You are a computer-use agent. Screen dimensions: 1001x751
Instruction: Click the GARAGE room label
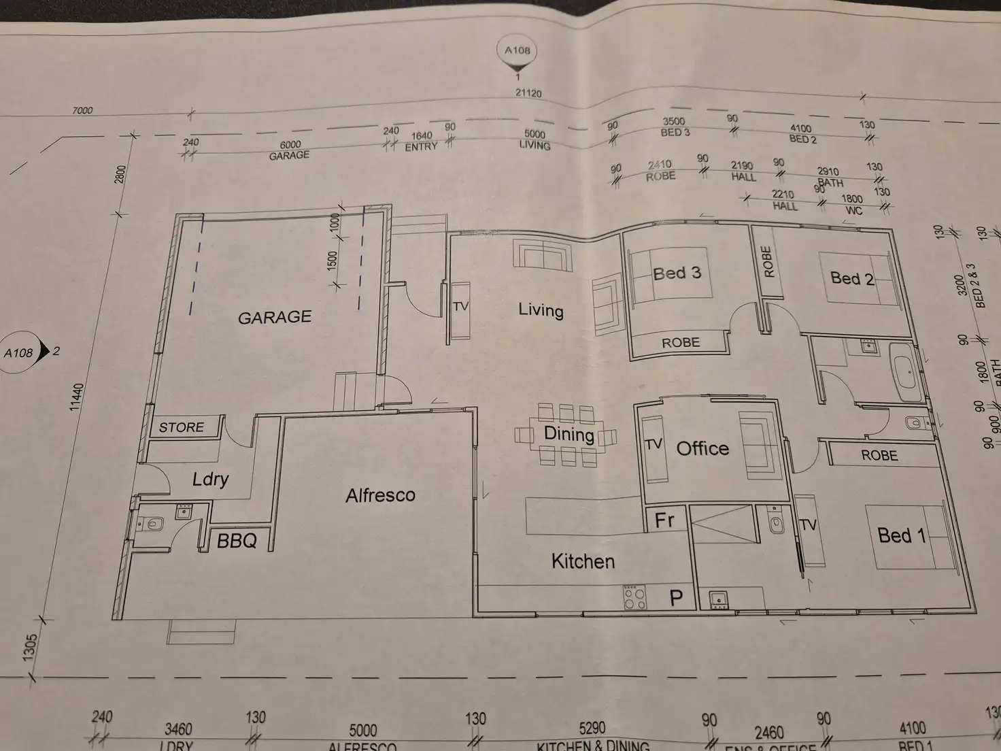click(275, 317)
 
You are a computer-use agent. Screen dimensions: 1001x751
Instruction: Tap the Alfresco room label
click(380, 495)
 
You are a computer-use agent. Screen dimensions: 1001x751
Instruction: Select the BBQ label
click(237, 541)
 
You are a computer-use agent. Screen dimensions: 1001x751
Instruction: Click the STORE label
click(182, 427)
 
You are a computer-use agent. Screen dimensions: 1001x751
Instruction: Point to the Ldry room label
click(210, 479)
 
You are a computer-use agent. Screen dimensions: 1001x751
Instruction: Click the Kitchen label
click(583, 561)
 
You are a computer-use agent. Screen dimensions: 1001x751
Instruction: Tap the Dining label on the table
click(569, 434)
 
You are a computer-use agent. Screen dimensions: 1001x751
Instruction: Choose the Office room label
click(702, 448)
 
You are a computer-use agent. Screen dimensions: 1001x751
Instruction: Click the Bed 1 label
click(902, 535)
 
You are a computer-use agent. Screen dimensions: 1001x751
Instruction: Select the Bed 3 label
click(677, 273)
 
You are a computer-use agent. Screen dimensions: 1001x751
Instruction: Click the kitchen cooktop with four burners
click(635, 597)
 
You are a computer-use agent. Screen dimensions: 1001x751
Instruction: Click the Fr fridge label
click(664, 520)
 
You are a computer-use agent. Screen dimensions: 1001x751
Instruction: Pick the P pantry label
click(676, 598)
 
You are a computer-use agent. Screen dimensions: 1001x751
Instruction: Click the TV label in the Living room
click(460, 307)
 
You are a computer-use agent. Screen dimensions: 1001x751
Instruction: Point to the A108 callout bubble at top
click(518, 51)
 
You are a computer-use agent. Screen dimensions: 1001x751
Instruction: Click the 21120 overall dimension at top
click(528, 93)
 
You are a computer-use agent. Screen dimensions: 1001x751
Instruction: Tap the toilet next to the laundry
click(152, 524)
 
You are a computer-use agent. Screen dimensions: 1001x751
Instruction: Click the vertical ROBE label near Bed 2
click(768, 261)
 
